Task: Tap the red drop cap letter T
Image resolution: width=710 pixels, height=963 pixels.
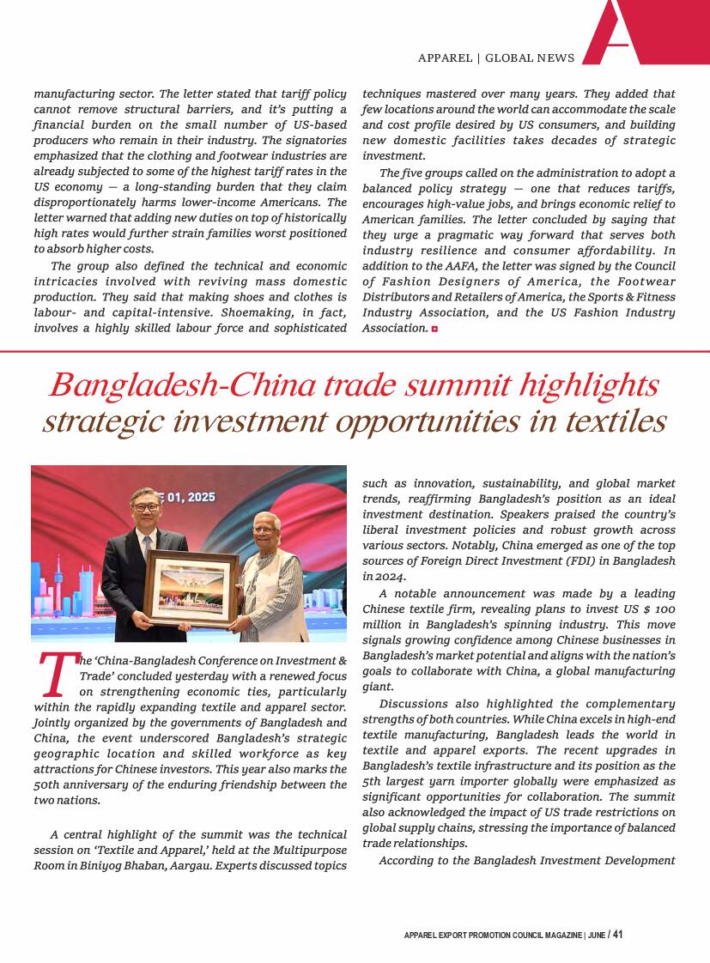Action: [x=55, y=675]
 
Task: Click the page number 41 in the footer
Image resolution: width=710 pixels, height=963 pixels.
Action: [x=618, y=935]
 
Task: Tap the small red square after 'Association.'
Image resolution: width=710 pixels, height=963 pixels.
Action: [x=435, y=329]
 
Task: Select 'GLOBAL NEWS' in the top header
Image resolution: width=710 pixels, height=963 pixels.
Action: [x=530, y=58]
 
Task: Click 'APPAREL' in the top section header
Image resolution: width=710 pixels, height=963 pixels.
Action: [x=445, y=58]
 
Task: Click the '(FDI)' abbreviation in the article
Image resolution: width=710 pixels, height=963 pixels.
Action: [x=559, y=561]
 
